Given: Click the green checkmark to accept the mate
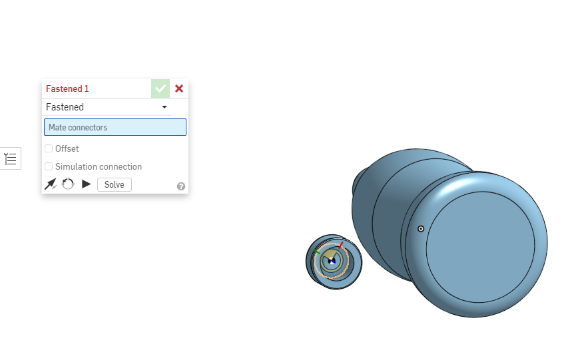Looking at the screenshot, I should tap(160, 89).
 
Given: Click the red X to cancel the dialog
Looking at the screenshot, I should tap(179, 89).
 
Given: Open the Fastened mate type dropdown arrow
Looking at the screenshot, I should tap(164, 107).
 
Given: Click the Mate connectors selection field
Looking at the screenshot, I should tap(115, 127).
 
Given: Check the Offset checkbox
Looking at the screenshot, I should tap(49, 148).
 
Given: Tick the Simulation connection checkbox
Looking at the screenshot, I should tap(49, 166).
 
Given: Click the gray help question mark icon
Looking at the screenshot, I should tap(181, 186).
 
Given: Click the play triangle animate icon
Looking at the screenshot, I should tap(86, 184).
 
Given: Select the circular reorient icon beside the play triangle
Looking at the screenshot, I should tap(68, 184).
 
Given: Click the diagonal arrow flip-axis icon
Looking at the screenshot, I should tap(51, 184).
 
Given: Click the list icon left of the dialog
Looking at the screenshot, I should tap(10, 158).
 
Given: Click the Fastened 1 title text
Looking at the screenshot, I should tap(67, 89).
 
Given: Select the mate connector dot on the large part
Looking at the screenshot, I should tap(421, 229).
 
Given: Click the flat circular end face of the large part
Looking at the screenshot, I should tap(479, 247).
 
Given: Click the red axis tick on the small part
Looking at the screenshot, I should tap(341, 246).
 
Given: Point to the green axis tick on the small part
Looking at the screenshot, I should tap(318, 252).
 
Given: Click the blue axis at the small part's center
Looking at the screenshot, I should tap(332, 262).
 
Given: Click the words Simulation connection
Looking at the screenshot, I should tap(99, 166).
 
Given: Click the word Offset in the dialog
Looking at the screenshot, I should tap(67, 148).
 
